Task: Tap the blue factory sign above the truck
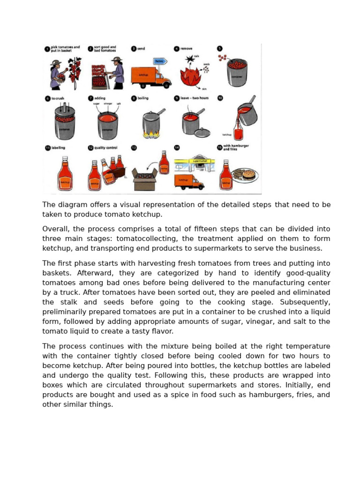point(160,61)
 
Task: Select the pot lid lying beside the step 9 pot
point(202,133)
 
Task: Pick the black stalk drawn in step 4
point(190,60)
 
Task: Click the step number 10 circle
point(220,98)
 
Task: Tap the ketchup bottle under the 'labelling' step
point(65,174)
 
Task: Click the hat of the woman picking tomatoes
point(56,62)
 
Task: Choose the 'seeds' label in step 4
point(206,64)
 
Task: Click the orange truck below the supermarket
point(188,181)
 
